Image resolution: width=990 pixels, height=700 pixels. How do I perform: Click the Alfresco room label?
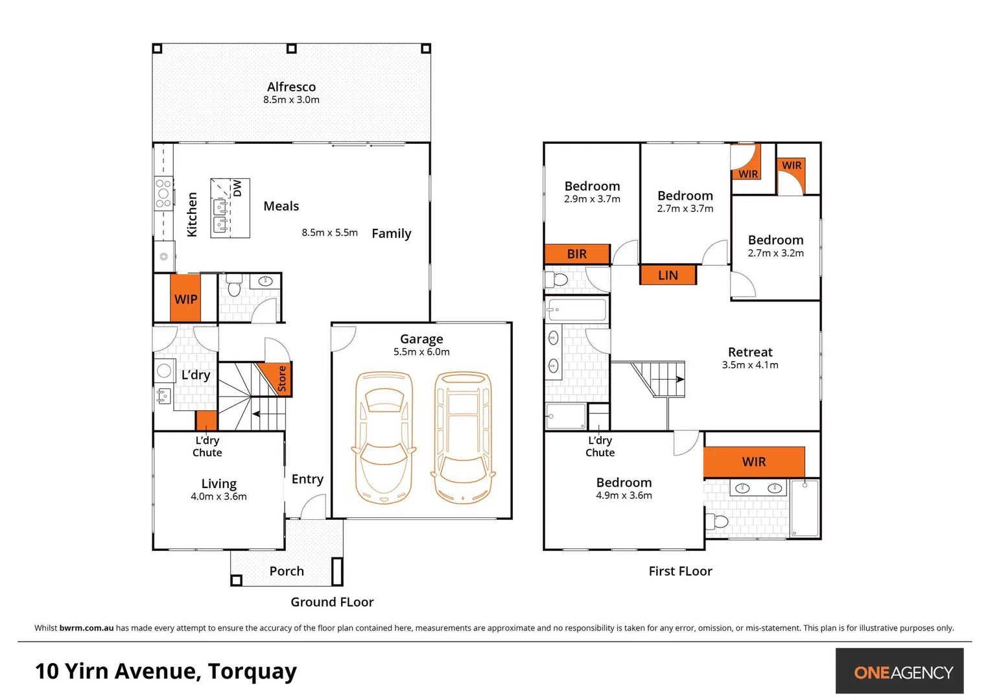coord(291,87)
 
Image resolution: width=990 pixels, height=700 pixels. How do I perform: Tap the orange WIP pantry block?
coord(185,299)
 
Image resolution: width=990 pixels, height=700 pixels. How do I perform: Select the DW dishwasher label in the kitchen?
coord(237,188)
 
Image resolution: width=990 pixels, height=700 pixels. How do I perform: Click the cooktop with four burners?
coord(163,193)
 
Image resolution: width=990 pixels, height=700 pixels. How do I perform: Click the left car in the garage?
coord(383,437)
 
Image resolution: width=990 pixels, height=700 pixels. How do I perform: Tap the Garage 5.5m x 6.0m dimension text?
coord(421,352)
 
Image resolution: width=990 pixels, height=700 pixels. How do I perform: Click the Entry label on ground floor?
coord(307,479)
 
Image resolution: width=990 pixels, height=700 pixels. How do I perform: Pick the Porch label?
coord(287,571)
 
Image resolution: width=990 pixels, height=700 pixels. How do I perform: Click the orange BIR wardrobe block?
coord(577,254)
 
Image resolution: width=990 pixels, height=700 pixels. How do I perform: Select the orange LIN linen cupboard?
coord(668,275)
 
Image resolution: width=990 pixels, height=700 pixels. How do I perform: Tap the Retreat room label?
coord(750,352)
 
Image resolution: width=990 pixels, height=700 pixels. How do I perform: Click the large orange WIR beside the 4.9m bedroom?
coord(754,461)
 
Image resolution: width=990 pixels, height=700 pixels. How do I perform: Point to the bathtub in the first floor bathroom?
coord(577,310)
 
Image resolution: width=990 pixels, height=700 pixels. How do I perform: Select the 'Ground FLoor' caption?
coord(332,602)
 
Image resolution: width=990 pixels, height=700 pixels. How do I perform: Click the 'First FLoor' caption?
coord(680,571)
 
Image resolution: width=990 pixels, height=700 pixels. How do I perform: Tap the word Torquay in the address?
coord(252,671)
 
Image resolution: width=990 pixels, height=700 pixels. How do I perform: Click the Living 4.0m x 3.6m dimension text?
coord(218,496)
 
